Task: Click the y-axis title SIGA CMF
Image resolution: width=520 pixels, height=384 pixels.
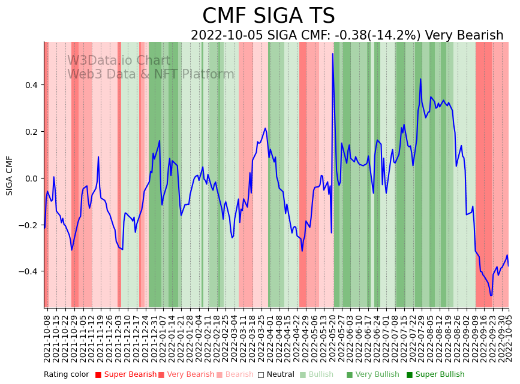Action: pyautogui.click(x=10, y=175)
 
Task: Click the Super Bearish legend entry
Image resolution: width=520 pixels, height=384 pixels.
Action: pyautogui.click(x=126, y=375)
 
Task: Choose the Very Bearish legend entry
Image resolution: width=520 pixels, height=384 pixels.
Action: pyautogui.click(x=186, y=375)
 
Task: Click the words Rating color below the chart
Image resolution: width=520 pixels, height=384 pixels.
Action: pyautogui.click(x=66, y=375)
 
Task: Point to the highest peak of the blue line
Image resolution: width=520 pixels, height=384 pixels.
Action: pyautogui.click(x=333, y=54)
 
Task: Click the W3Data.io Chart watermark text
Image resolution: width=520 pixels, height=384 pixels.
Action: pyautogui.click(x=119, y=61)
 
